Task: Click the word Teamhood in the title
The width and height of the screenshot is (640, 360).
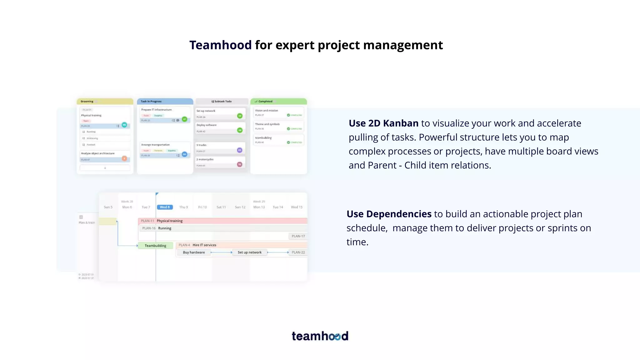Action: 220,45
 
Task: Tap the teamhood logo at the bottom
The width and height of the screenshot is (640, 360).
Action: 320,336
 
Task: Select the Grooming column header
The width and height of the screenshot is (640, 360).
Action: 105,101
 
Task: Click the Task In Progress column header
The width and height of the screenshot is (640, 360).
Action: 165,101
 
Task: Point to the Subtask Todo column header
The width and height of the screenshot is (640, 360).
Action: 222,101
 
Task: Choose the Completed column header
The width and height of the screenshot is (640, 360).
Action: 278,101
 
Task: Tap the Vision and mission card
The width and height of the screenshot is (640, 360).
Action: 278,113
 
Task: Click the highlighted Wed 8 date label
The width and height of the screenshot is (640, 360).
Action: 165,207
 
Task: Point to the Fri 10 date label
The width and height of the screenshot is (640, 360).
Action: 202,207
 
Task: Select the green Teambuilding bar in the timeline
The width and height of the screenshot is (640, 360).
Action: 155,246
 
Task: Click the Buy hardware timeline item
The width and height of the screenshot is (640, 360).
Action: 194,252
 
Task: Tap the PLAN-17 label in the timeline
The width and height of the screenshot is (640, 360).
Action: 298,236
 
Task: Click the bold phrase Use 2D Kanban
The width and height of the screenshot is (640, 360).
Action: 383,123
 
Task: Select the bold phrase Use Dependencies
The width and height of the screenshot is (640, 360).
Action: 389,214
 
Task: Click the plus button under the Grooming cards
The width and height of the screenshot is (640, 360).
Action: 105,168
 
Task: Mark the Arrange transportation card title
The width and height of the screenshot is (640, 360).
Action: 155,145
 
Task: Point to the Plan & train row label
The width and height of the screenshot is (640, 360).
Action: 87,222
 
